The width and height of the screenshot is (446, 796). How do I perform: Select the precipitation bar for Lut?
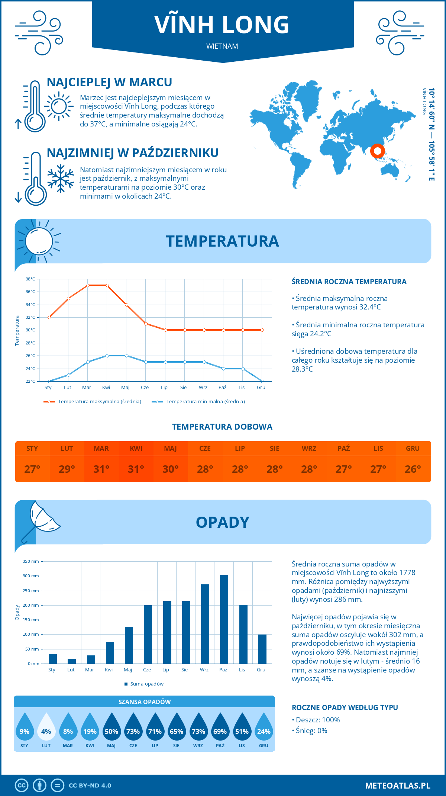71,661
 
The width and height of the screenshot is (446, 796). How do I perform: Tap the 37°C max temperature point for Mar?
88,285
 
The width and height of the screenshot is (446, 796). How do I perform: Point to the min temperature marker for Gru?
262,381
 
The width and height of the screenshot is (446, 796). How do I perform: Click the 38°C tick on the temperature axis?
30,279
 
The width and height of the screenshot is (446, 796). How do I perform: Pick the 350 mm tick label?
31,561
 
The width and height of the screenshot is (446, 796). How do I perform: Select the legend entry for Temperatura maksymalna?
93,402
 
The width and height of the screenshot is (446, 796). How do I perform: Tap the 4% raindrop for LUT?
46,727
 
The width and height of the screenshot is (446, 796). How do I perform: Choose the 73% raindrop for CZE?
133,727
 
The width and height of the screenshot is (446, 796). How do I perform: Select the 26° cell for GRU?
413,469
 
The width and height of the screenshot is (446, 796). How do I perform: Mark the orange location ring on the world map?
377,151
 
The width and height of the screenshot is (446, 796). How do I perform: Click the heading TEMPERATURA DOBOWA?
222,427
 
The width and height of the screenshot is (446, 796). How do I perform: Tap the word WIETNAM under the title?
222,46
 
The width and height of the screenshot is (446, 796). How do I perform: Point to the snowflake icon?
61,179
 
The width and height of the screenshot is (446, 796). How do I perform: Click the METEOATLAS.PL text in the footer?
398,786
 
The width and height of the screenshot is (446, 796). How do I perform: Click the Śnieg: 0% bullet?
310,731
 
